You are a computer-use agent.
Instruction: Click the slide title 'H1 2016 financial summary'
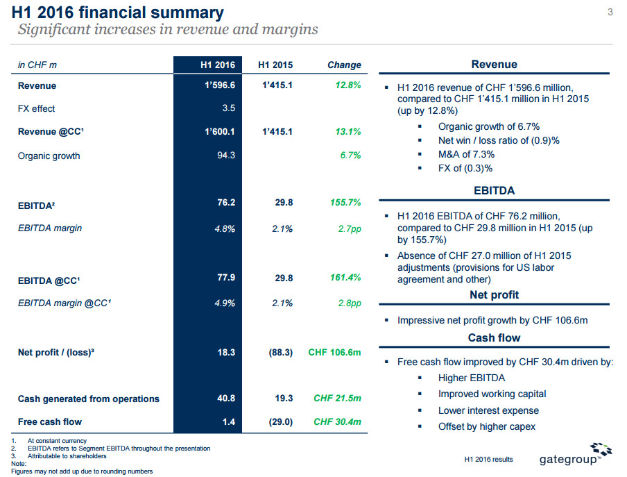tap(119, 12)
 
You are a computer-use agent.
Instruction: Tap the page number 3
tap(610, 10)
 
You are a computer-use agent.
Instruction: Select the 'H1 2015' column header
tap(275, 65)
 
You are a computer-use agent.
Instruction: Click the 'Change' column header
tap(344, 65)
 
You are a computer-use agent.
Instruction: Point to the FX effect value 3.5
tap(228, 108)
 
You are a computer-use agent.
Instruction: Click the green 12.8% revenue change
tap(346, 86)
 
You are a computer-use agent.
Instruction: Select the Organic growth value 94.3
tap(226, 156)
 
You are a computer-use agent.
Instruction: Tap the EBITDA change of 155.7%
tap(343, 203)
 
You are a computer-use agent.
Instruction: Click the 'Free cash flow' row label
tap(50, 421)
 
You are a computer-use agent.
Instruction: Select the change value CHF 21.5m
tap(337, 399)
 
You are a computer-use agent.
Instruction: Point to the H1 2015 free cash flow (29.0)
tap(280, 421)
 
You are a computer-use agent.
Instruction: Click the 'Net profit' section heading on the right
tap(494, 295)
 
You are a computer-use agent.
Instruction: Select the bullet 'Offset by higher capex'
tap(486, 426)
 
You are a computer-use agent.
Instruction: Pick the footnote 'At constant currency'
tap(57, 441)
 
